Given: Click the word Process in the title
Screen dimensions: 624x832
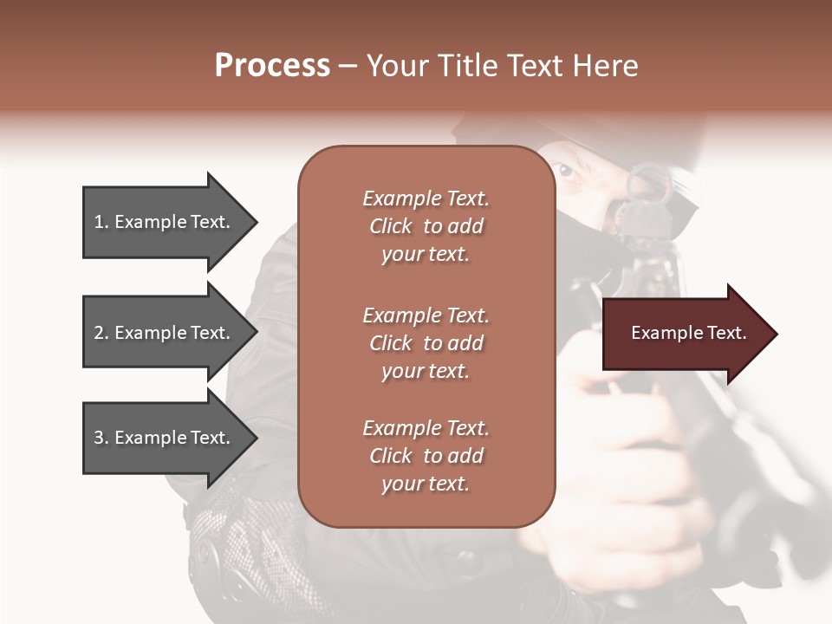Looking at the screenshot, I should click(x=272, y=66).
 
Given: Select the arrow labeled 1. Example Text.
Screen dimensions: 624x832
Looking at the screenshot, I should click(x=165, y=222).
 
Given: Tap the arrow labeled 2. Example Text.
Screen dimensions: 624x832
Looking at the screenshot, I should click(x=165, y=333).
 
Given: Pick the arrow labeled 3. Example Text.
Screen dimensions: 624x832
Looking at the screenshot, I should click(x=165, y=438).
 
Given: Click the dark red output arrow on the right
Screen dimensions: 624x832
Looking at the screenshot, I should click(x=685, y=334).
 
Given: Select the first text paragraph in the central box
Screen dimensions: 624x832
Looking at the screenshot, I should click(x=426, y=226).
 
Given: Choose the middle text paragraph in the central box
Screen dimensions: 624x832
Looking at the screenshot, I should click(x=426, y=343).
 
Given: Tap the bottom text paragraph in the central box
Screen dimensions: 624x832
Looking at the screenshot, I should click(x=426, y=456).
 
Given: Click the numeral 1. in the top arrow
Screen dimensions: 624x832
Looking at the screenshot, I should click(x=101, y=222).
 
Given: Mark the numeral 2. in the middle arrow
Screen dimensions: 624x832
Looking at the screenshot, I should click(x=101, y=333).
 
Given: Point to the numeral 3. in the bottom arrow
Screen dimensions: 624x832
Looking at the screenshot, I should click(x=101, y=438).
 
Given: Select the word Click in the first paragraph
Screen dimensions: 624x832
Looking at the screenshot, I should click(x=390, y=226).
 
